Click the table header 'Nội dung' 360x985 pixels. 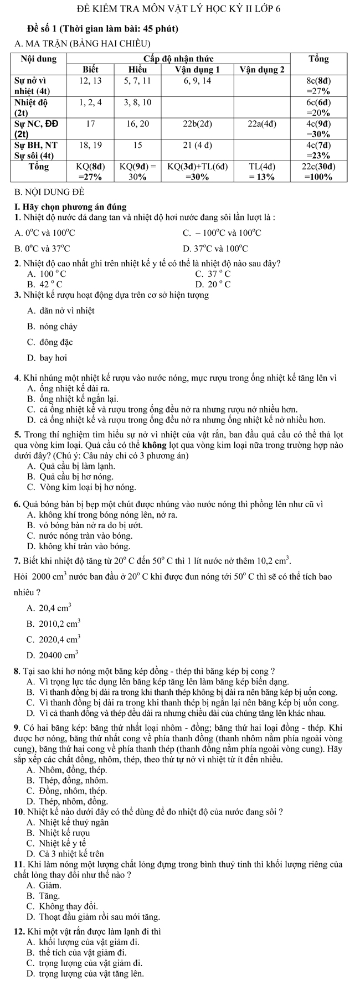pos(39,59)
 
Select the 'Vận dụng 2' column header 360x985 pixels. pos(263,70)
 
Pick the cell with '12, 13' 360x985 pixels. pos(91,81)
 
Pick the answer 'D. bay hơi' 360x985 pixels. pos(47,358)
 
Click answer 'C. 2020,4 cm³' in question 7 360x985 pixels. pos(53,638)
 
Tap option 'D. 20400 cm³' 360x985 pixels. pos(52,654)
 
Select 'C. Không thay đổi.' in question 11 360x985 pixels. pos(61,906)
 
